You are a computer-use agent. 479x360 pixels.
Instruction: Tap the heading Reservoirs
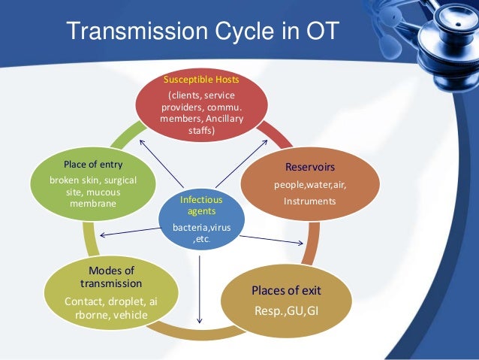tap(309, 167)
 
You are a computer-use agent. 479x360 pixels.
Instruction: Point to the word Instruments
tap(309, 201)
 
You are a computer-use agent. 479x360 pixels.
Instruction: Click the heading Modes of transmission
tap(110, 277)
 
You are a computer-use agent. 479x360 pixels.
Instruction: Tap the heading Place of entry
tap(94, 165)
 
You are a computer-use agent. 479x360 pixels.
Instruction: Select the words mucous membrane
tap(94, 198)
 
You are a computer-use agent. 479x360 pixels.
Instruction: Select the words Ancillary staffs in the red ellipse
tap(204, 126)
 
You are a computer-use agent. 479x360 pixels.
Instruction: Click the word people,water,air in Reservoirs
tap(309, 184)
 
